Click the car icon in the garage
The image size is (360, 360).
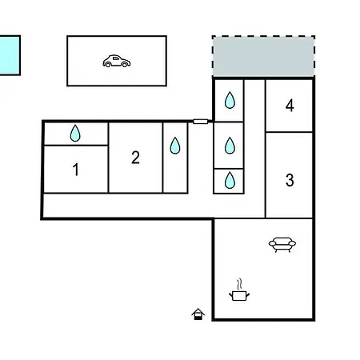117,61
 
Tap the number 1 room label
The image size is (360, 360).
76,170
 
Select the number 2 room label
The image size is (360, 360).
135,158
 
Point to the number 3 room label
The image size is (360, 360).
290,180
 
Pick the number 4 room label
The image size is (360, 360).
290,106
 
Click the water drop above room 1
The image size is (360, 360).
75,133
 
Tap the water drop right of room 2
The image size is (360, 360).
175,146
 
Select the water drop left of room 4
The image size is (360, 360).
230,100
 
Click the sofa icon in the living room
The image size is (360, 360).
282,245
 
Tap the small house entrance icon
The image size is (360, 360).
198,314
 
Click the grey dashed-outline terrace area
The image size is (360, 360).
263,56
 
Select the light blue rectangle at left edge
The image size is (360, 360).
10,55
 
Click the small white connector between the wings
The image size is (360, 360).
200,122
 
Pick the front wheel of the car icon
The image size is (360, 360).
125,64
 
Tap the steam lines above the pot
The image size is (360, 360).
240,284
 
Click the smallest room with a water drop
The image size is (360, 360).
229,181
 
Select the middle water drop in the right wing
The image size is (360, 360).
230,146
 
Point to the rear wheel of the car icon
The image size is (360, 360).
108,64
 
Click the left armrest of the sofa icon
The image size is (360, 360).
273,243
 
